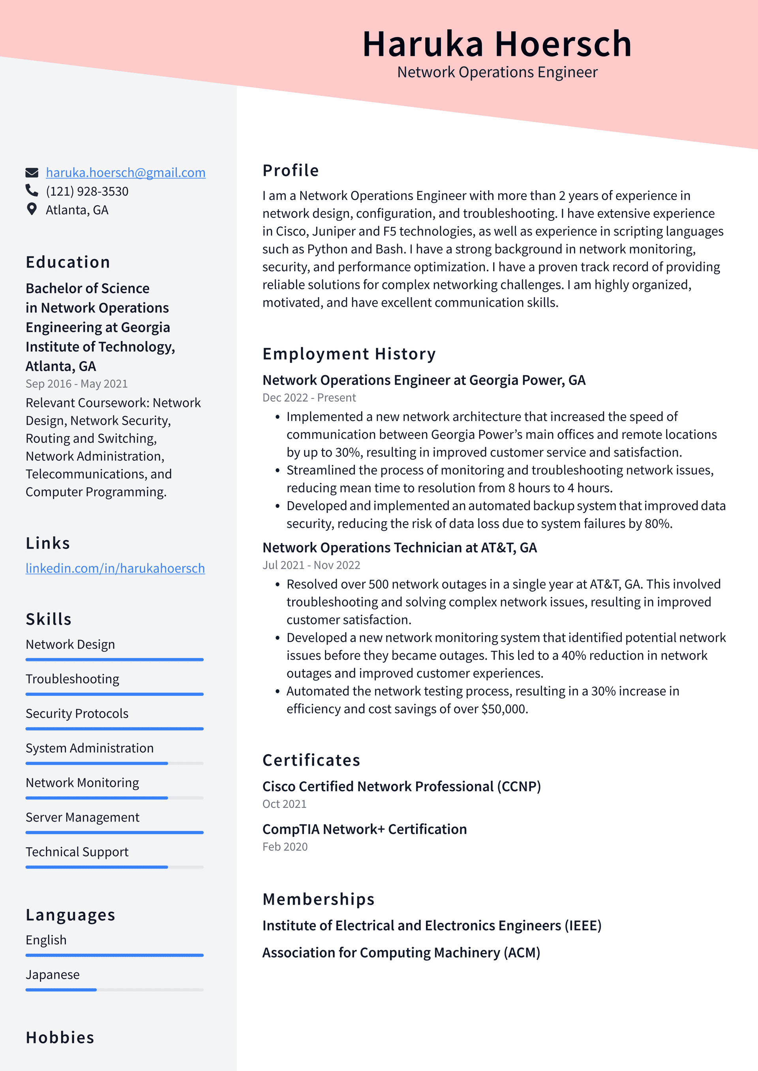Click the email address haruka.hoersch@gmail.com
[x=125, y=172]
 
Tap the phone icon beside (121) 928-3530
[x=31, y=191]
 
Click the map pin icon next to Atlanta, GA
[x=31, y=210]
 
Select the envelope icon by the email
[x=31, y=172]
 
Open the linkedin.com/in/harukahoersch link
[x=115, y=568]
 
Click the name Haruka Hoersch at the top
[x=497, y=44]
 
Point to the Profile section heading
[x=290, y=170]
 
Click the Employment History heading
[x=349, y=354]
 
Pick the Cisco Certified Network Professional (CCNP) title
[x=401, y=786]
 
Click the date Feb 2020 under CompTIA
[x=285, y=846]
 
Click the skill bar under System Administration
[x=114, y=763]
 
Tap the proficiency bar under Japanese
[x=114, y=989]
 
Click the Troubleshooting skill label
[x=72, y=679]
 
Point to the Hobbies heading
[x=60, y=1037]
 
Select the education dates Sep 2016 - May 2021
[x=77, y=384]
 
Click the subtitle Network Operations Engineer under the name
[x=497, y=72]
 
